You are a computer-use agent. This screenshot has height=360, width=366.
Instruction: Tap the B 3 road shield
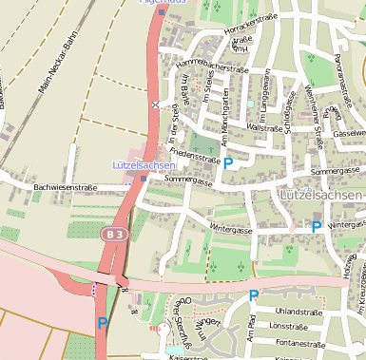tap(114, 233)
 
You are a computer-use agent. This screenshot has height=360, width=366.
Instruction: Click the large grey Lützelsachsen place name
tap(321, 195)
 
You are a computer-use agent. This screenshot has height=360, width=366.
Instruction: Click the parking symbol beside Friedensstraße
tap(228, 163)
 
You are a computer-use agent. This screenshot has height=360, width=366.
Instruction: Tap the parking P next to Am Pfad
tap(254, 296)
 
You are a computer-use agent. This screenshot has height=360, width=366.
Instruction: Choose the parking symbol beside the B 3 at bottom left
tap(102, 324)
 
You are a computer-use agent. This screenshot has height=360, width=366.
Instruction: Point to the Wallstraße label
tap(263, 127)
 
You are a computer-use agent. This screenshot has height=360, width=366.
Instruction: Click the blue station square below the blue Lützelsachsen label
tap(143, 178)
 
